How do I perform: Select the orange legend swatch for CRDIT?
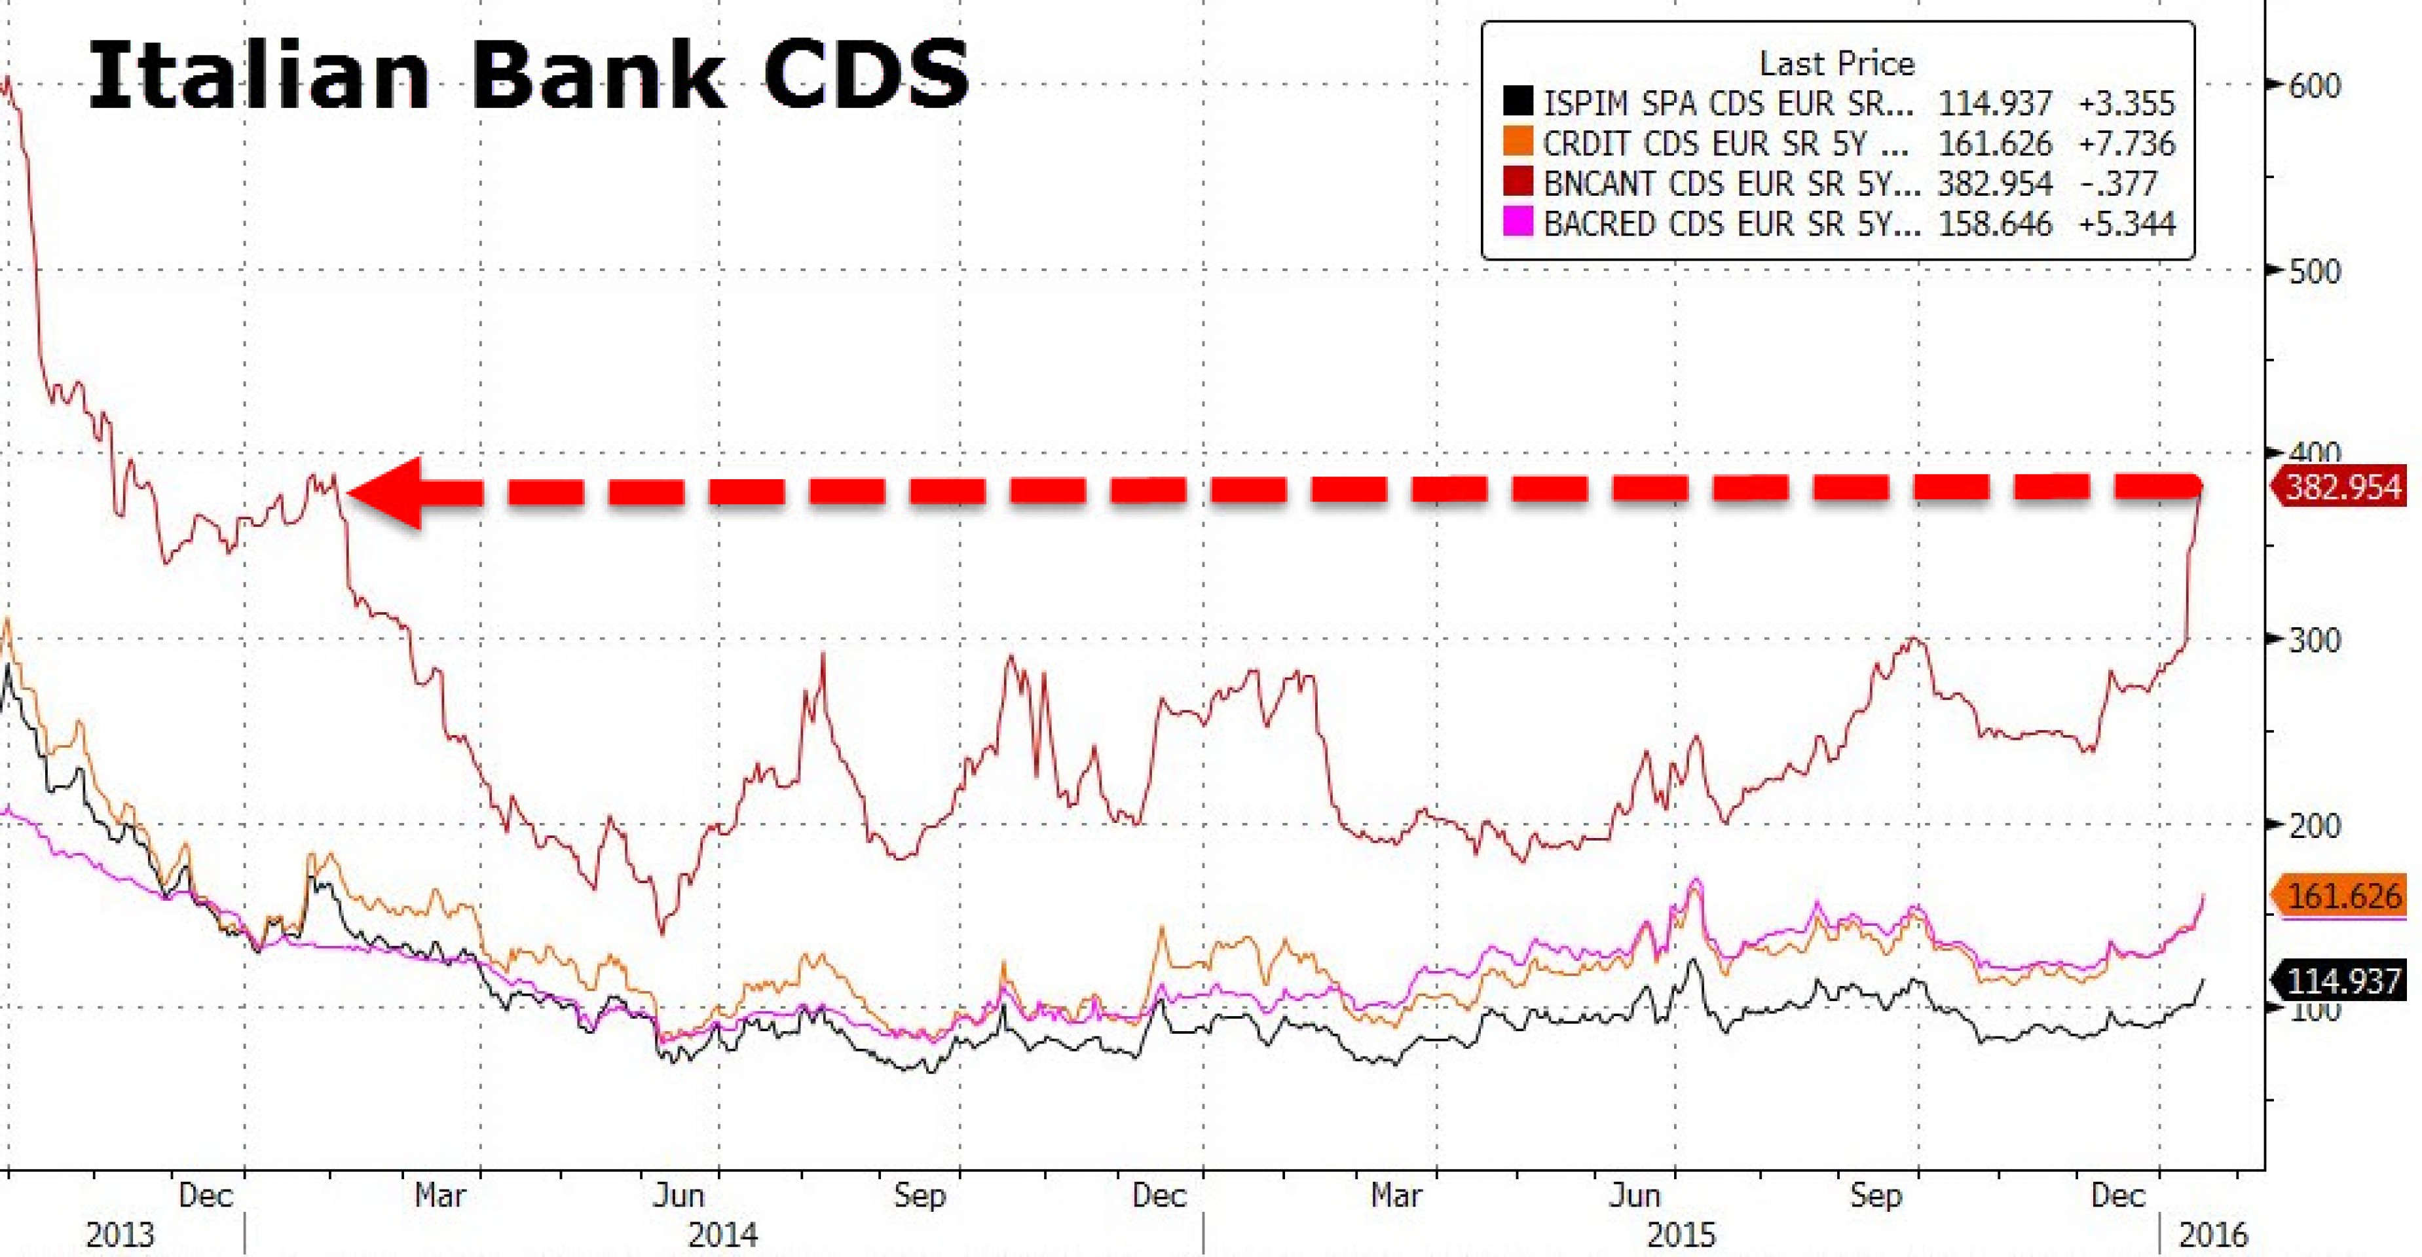pos(1518,143)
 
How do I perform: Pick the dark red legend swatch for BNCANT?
pos(1518,183)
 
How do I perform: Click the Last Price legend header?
pos(1836,64)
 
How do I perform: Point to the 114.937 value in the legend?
pos(1995,103)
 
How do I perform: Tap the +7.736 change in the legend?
pos(2126,143)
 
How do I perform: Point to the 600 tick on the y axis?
pos(2314,86)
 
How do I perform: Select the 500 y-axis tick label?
pos(2314,272)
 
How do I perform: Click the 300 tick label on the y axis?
pos(2314,640)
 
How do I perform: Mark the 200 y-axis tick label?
pos(2314,826)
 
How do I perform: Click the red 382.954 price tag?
pos(2342,488)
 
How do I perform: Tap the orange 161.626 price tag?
pos(2342,896)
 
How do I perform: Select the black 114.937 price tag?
pos(2342,981)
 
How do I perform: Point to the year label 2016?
pos(2212,1233)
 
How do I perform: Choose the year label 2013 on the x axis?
pos(121,1233)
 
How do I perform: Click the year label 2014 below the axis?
pos(722,1233)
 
